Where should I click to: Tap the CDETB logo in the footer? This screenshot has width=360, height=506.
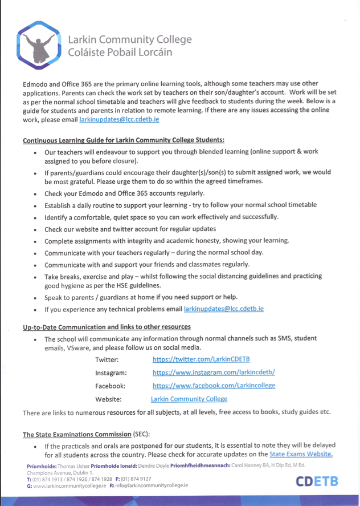coord(316,481)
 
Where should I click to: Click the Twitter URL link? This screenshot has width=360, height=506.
coord(201,359)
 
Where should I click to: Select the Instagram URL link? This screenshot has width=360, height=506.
coord(214,372)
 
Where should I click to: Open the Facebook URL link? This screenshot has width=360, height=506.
coord(214,385)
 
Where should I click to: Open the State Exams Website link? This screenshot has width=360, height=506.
coord(301,454)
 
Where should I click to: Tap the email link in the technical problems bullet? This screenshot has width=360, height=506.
coord(224,309)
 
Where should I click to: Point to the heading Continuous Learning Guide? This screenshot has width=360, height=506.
coord(124,140)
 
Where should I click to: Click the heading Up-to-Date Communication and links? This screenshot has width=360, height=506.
coord(107,327)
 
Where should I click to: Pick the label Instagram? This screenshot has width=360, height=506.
coord(111,373)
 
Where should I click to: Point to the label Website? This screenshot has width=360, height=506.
coord(108,399)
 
